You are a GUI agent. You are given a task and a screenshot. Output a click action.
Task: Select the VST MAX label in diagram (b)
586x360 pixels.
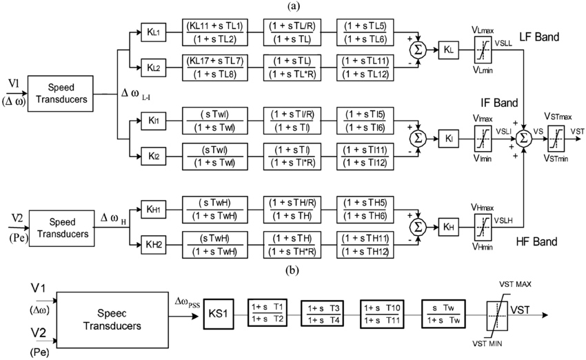(515, 283)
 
